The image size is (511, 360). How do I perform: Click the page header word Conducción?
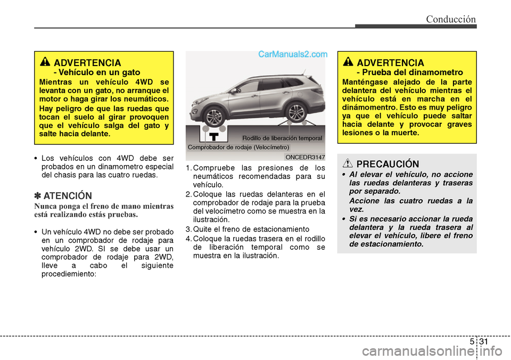[x=450, y=20]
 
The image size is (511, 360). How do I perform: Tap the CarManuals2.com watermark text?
[x=293, y=54]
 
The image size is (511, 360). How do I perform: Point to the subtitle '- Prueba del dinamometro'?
[x=410, y=72]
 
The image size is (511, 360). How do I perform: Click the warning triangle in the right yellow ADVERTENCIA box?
[x=349, y=62]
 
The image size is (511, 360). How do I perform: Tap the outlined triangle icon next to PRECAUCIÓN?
[x=349, y=163]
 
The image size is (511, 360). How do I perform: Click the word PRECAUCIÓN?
[x=388, y=164]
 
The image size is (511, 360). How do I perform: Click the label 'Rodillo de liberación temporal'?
[x=282, y=138]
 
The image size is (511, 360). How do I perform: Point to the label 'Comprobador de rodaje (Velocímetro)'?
[x=238, y=146]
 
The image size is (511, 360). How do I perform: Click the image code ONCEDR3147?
[x=305, y=157]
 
